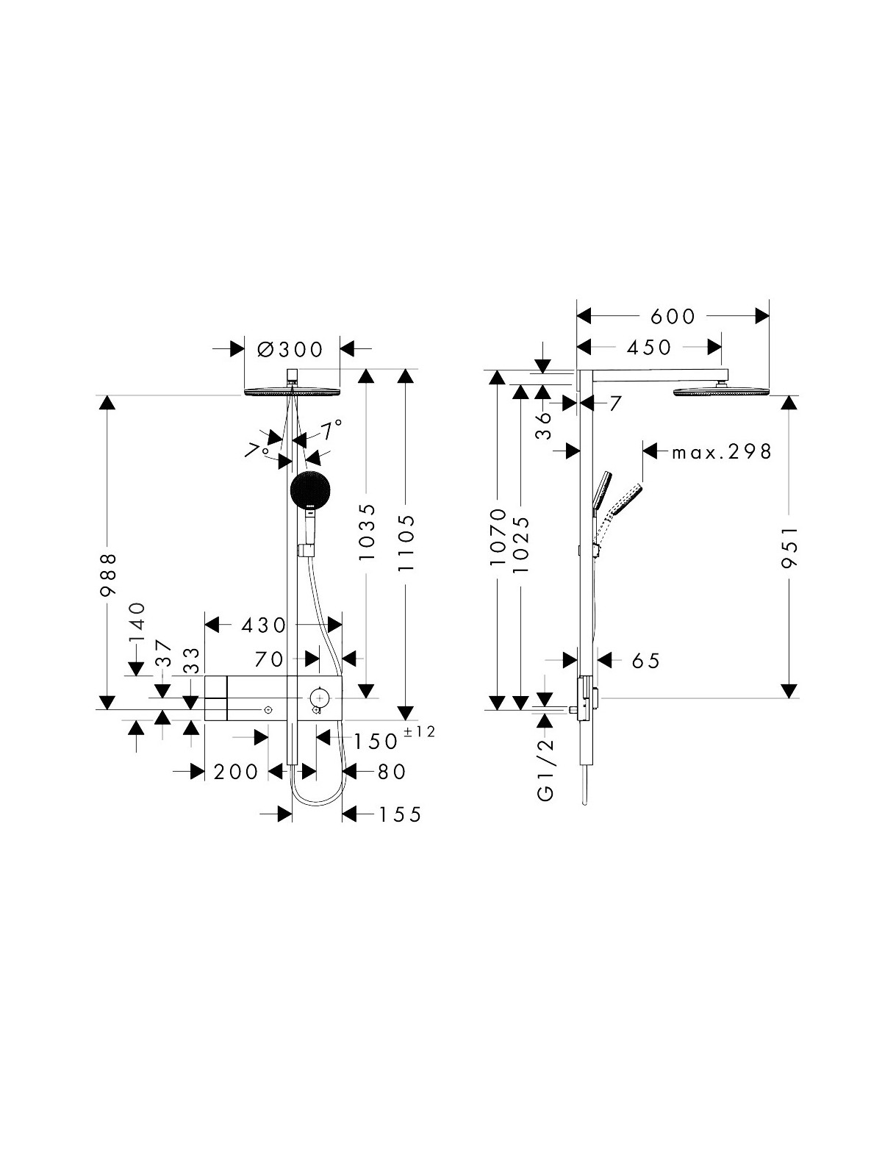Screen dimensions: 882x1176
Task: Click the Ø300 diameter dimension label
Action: tap(290, 350)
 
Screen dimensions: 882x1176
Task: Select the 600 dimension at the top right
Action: tap(673, 317)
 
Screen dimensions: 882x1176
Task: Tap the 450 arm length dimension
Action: tap(648, 348)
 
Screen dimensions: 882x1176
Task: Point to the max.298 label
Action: tap(721, 452)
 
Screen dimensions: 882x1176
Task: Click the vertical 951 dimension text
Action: tap(790, 547)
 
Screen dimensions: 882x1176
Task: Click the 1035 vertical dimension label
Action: tap(367, 532)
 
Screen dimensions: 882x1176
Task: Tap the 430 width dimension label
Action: tap(263, 625)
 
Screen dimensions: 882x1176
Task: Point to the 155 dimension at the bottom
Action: tap(400, 815)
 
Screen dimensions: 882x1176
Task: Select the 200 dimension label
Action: tap(236, 772)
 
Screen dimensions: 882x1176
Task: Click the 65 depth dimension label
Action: tap(646, 661)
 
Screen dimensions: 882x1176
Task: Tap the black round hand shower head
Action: tap(310, 490)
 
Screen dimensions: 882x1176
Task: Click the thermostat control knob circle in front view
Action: tap(319, 698)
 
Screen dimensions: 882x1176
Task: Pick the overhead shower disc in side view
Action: tap(721, 392)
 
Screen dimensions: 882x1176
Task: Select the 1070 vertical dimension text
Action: tap(498, 538)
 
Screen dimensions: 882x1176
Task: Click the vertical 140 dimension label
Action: tap(137, 622)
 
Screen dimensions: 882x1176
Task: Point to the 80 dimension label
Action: tap(392, 772)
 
